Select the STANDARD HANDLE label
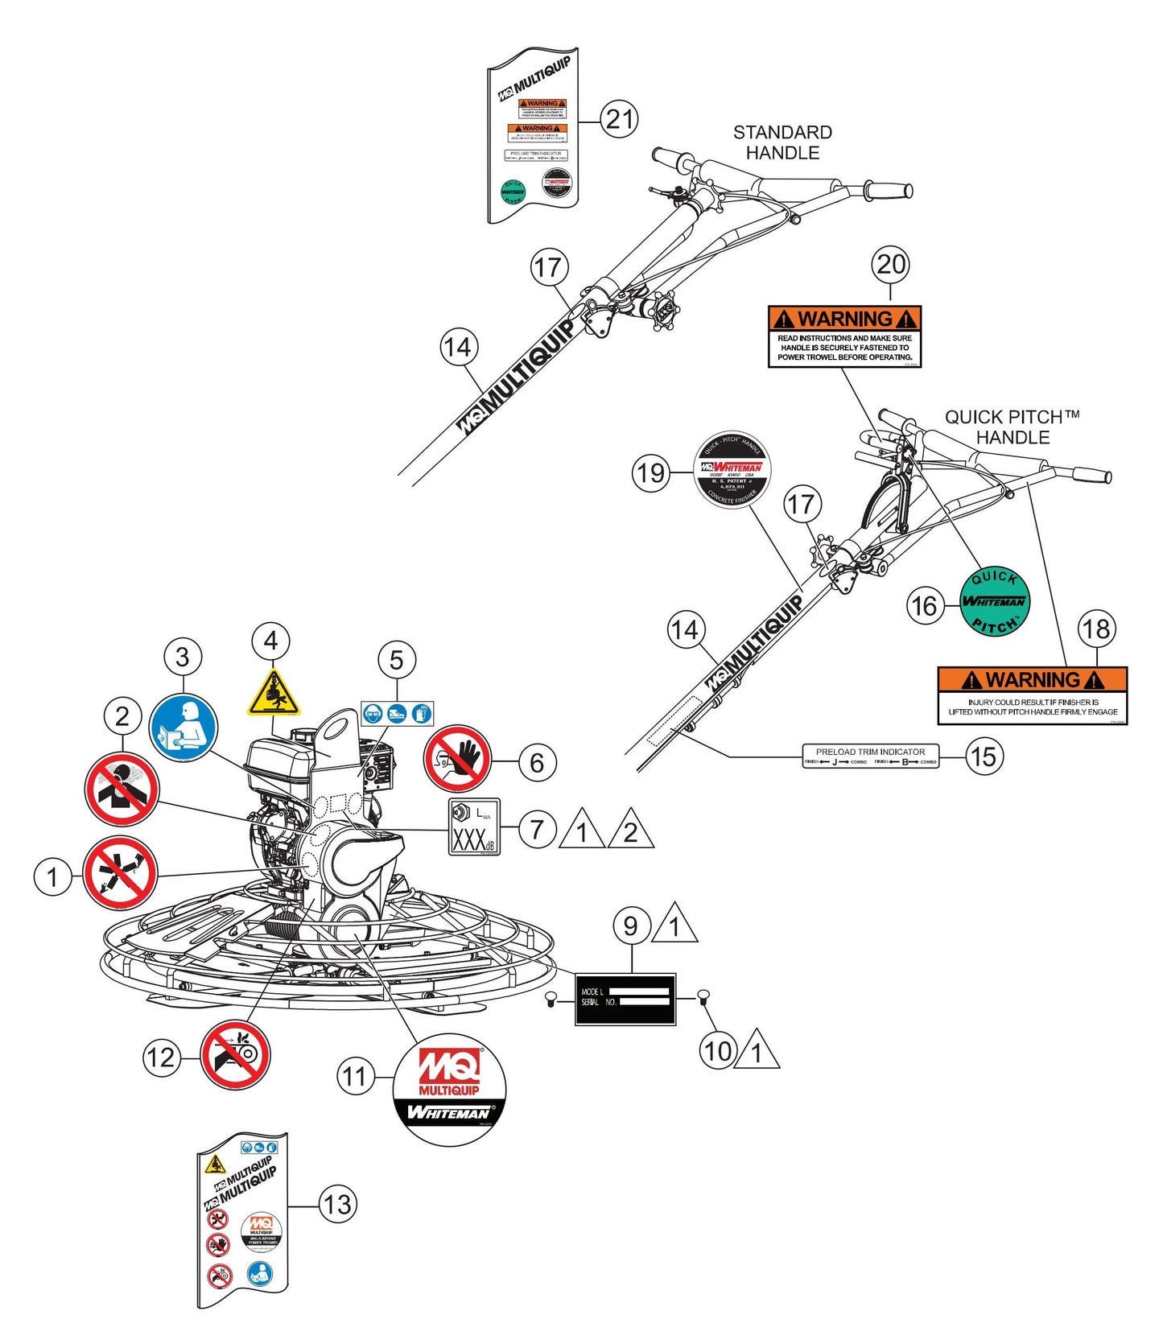tap(782, 142)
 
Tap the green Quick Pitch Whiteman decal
tap(995, 601)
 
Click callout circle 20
tap(890, 264)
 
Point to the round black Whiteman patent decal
tap(732, 470)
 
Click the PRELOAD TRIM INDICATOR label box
tap(871, 757)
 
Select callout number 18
tap(1097, 629)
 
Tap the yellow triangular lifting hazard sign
tap(273, 692)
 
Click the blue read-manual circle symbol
tap(184, 727)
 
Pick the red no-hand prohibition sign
tap(458, 758)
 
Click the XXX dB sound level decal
tap(474, 827)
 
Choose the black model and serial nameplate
tap(625, 999)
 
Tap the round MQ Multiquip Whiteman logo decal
tap(449, 1089)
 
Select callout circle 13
tap(337, 1205)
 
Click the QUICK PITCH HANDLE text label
tap(1012, 427)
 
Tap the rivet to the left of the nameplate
tap(551, 999)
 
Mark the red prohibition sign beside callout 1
tap(121, 873)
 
